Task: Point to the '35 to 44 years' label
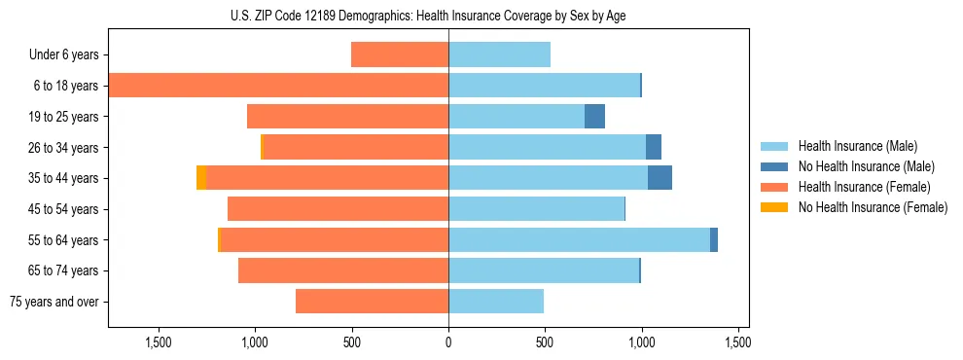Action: click(63, 178)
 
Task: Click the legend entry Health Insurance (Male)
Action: click(857, 146)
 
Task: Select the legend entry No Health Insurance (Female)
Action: click(873, 207)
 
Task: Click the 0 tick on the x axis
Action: click(448, 342)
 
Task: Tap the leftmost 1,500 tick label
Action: click(159, 342)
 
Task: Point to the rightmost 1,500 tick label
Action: click(737, 342)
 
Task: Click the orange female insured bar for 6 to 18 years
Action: click(278, 86)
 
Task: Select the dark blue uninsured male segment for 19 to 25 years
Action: click(594, 117)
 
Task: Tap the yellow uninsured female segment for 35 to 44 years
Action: click(201, 178)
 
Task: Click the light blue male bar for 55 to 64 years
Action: click(579, 239)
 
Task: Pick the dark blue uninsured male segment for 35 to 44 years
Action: click(660, 178)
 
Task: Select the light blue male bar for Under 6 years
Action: click(499, 55)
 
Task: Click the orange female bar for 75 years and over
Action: click(372, 302)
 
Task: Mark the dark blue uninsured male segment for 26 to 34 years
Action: click(654, 147)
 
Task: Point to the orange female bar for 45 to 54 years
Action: click(338, 209)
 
